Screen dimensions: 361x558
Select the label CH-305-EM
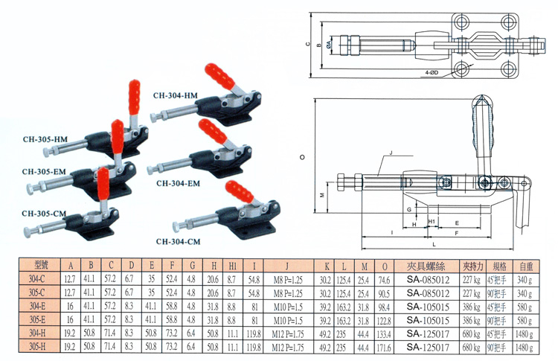[45, 171]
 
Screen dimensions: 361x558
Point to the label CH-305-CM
[45, 213]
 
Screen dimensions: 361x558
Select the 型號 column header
[44, 264]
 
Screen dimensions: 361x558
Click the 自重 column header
[526, 264]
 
